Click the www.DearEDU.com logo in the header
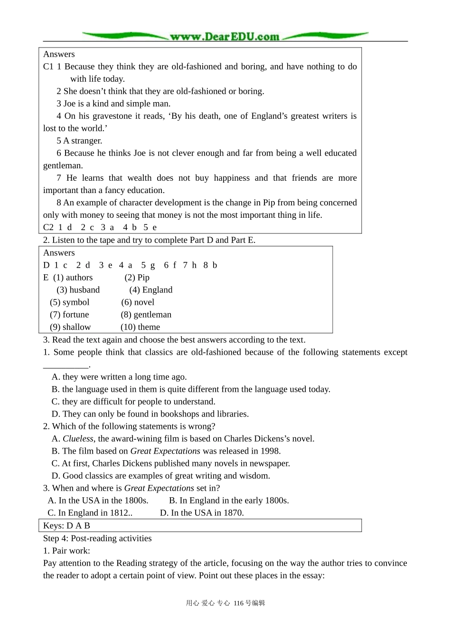[x=225, y=36]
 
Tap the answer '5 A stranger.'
[x=79, y=141]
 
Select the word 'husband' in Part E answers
[x=85, y=290]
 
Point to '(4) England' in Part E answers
[x=151, y=290]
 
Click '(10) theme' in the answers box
[x=140, y=327]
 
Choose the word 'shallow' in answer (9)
[x=76, y=327]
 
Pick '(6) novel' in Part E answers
[x=138, y=302]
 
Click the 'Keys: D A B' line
[x=66, y=526]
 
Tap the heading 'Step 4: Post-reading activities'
[x=97, y=538]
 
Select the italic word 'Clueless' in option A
[x=78, y=439]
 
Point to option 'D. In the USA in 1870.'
[x=202, y=513]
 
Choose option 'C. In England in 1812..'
[x=90, y=513]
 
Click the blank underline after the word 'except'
[x=66, y=365]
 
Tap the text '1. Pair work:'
[x=66, y=551]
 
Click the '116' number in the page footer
[x=239, y=603]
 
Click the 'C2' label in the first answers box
[x=48, y=228]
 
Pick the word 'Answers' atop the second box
[x=59, y=253]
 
